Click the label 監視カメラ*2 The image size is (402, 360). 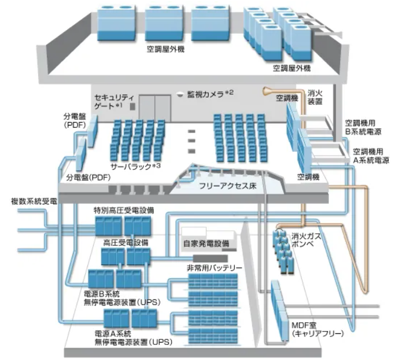coord(210,94)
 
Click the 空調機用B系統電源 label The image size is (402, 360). coord(363,127)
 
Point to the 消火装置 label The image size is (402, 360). coord(315,97)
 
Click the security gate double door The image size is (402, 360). coord(154,106)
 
